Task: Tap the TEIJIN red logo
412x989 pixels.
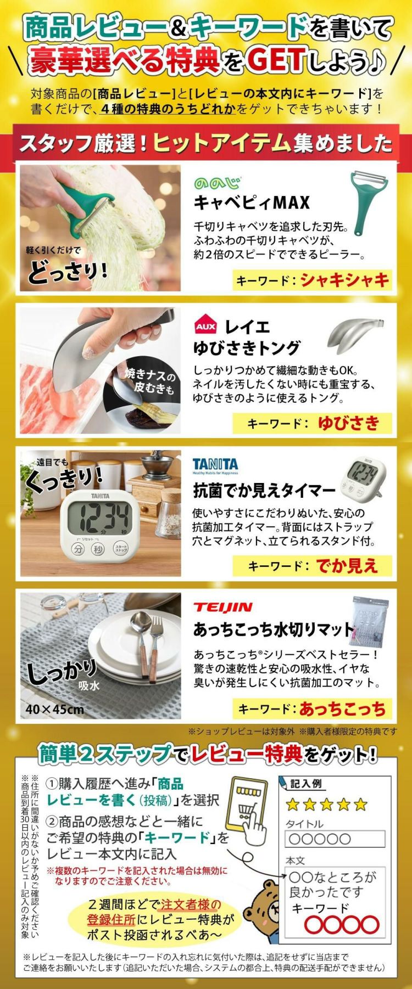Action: pyautogui.click(x=222, y=606)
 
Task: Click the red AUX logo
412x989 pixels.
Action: pyautogui.click(x=206, y=328)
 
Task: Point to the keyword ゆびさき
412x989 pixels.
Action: pyautogui.click(x=348, y=423)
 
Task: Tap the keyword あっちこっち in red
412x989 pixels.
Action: pyautogui.click(x=343, y=709)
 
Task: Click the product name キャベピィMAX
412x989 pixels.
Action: pyautogui.click(x=252, y=203)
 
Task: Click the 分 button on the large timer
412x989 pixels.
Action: pyautogui.click(x=79, y=549)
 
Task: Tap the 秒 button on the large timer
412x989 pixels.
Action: pyautogui.click(x=98, y=549)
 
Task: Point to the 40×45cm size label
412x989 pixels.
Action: pyautogui.click(x=55, y=709)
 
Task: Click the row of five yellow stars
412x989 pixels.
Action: pyautogui.click(x=326, y=805)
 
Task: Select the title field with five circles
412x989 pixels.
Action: pyautogui.click(x=335, y=839)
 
